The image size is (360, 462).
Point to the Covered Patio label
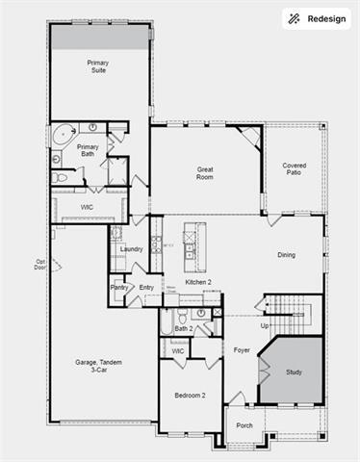pyautogui.click(x=295, y=169)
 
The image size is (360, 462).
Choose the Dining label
pyautogui.click(x=286, y=255)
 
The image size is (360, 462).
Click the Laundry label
pyautogui.click(x=132, y=249)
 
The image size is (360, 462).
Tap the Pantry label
pyautogui.click(x=119, y=287)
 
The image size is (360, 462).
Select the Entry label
pyautogui.click(x=146, y=287)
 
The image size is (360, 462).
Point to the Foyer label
pyautogui.click(x=242, y=350)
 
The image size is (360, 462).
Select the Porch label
pyautogui.click(x=244, y=424)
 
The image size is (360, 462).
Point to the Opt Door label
pyautogui.click(x=40, y=264)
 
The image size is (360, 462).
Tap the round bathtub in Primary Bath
pyautogui.click(x=61, y=133)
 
